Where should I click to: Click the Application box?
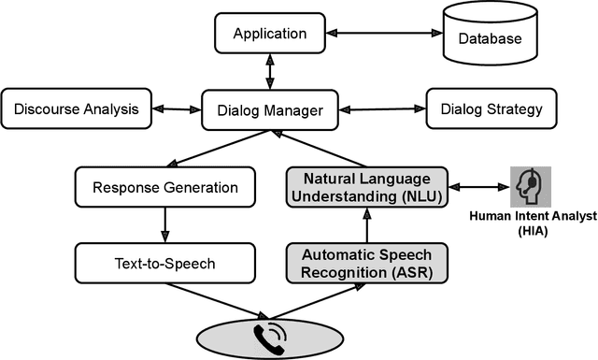click(270, 34)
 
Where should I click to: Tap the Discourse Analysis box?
click(77, 109)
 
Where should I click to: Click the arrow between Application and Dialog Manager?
click(271, 71)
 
